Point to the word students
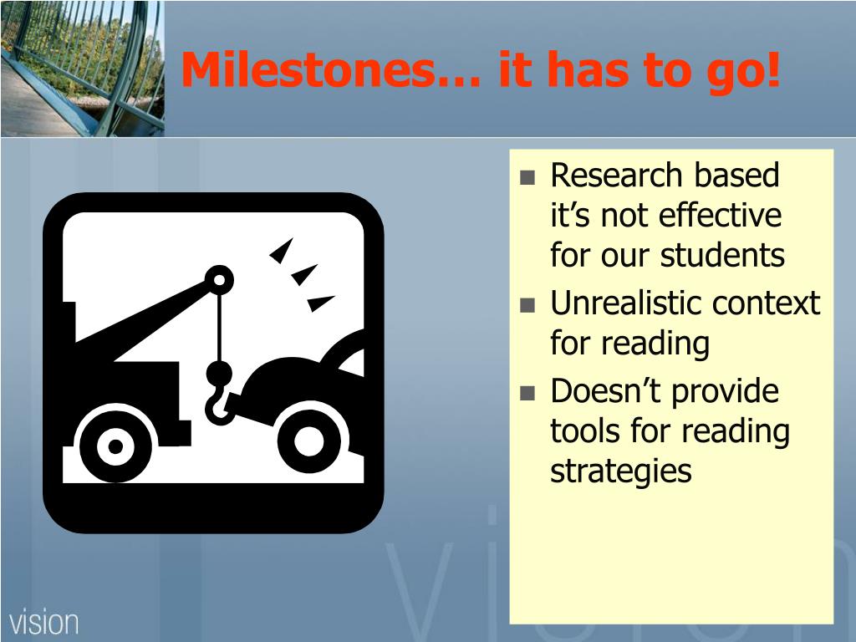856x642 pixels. [722, 255]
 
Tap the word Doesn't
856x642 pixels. [607, 391]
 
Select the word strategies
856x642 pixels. [621, 471]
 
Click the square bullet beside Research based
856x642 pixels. [527, 177]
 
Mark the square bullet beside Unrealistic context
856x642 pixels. [527, 304]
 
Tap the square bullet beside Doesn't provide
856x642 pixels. [527, 393]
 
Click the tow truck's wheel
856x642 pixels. [115, 446]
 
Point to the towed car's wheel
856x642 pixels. [309, 441]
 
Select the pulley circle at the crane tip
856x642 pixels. [220, 280]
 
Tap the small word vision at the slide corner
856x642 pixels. [43, 623]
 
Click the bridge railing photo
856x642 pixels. [83, 69]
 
